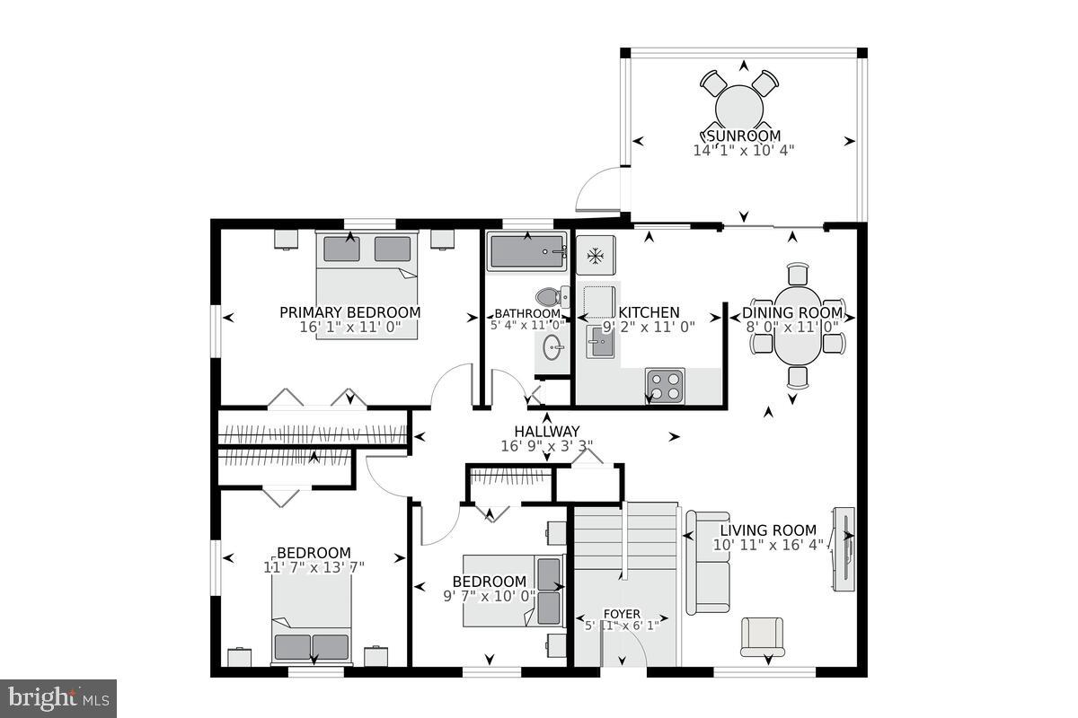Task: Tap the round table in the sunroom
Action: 740,108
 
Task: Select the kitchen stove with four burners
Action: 665,386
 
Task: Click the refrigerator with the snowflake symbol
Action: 595,256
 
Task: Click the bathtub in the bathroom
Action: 526,251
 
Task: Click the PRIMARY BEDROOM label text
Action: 349,312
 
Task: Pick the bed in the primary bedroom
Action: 367,269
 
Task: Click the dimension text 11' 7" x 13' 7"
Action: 314,566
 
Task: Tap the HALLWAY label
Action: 546,431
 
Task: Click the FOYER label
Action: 621,614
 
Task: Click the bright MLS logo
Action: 58,696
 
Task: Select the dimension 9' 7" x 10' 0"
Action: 489,595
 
